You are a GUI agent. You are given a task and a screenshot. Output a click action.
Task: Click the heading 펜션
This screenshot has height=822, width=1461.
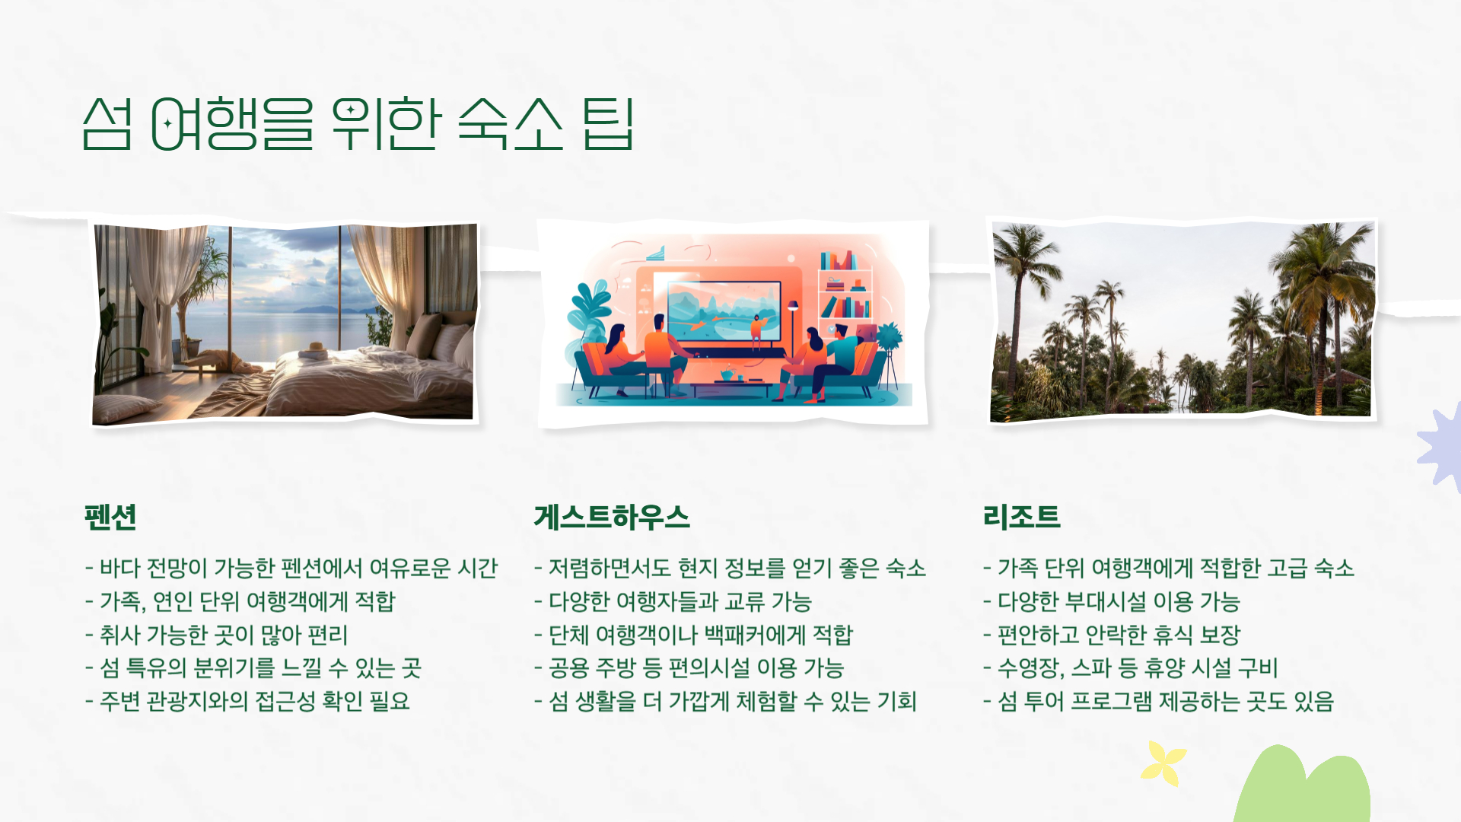tap(111, 518)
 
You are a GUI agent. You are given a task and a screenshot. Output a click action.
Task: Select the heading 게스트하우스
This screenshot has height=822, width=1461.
tap(612, 518)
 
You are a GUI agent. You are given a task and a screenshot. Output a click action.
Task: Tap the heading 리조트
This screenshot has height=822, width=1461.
tap(1021, 518)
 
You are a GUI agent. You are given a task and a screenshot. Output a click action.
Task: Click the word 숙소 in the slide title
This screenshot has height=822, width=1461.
tap(511, 123)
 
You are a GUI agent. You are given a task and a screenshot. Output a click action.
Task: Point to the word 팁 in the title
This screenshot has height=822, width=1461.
tap(608, 123)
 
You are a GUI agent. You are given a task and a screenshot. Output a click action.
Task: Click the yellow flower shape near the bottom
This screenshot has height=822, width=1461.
tap(1163, 762)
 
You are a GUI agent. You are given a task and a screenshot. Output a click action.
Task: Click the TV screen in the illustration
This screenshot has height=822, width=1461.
tap(724, 311)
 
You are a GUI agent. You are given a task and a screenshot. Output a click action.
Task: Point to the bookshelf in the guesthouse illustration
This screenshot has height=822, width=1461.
tap(845, 285)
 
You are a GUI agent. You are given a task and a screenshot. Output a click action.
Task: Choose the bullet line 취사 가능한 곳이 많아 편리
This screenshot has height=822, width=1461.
tap(217, 635)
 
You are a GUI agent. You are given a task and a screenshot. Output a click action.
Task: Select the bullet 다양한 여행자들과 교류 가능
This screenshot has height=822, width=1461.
tap(673, 602)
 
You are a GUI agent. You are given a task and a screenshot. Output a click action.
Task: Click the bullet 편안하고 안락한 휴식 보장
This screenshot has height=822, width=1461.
tap(1112, 635)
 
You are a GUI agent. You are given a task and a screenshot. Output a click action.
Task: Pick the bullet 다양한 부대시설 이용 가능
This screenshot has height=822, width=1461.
tap(1112, 602)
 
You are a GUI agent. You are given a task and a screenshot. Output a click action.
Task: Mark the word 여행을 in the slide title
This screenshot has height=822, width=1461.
tap(232, 123)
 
